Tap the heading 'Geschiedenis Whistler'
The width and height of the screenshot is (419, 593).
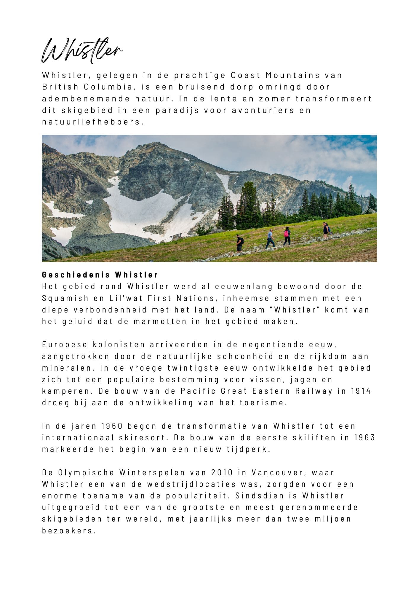pyautogui.click(x=100, y=275)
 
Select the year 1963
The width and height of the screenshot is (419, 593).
pyautogui.click(x=365, y=438)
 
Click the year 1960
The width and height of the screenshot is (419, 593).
pyautogui.click(x=112, y=426)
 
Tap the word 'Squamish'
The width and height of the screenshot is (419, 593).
pyautogui.click(x=65, y=298)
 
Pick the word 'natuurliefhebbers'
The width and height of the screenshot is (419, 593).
pyautogui.click(x=92, y=122)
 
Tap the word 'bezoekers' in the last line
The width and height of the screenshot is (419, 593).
pyautogui.click(x=69, y=530)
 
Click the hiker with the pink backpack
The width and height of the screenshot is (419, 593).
pyautogui.click(x=287, y=236)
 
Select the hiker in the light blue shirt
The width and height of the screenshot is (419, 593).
pyautogui.click(x=270, y=238)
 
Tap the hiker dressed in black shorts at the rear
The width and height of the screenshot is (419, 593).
pyautogui.click(x=239, y=243)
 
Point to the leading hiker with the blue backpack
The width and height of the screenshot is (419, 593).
pyautogui.click(x=326, y=230)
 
